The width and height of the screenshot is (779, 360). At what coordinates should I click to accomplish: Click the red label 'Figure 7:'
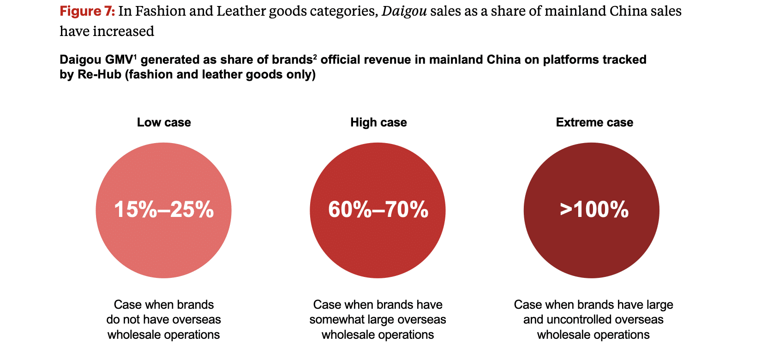point(87,11)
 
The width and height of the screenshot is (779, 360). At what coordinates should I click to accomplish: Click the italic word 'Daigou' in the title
point(404,11)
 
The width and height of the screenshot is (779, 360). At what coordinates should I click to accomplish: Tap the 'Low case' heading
point(164,122)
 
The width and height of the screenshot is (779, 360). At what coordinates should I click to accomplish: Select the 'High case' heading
point(378,122)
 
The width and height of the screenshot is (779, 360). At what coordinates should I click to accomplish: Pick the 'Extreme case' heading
point(594,122)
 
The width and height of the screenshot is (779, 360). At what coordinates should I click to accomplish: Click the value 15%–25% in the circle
point(164,210)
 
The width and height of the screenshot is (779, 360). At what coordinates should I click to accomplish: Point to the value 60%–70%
point(378,210)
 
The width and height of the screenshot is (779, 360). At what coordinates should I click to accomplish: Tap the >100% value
point(594,210)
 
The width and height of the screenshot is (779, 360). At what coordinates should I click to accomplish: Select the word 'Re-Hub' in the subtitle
point(99,75)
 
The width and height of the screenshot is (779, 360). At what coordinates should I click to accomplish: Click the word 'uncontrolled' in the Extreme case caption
point(579,320)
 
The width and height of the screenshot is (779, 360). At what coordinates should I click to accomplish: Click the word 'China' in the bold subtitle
point(504,60)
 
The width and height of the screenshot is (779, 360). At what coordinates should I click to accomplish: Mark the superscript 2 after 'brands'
point(315,57)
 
